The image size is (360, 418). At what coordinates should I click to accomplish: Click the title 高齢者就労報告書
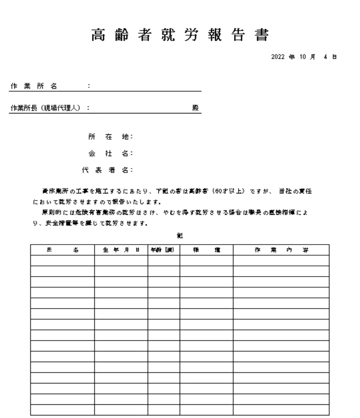[x=180, y=35]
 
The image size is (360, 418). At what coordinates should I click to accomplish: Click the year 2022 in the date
[x=277, y=57]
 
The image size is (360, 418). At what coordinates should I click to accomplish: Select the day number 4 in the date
[x=325, y=57]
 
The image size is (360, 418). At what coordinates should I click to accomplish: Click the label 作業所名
[x=34, y=86]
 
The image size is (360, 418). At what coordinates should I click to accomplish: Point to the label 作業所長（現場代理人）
[x=45, y=108]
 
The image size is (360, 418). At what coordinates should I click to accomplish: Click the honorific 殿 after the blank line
[x=196, y=108]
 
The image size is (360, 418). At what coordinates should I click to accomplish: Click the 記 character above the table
[x=180, y=236]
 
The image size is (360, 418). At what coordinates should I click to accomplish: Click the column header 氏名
[x=62, y=250]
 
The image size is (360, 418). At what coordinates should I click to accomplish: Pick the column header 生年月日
[x=121, y=250]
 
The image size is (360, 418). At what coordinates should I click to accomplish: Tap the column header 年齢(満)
[x=164, y=250]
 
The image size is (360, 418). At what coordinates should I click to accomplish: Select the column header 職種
[x=206, y=250]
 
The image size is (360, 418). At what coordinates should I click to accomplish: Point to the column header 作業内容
[x=281, y=250]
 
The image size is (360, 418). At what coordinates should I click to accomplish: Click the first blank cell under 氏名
[x=62, y=261]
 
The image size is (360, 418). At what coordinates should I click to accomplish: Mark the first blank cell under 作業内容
[x=281, y=261]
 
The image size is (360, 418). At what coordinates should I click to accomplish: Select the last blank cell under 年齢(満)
[x=164, y=410]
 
